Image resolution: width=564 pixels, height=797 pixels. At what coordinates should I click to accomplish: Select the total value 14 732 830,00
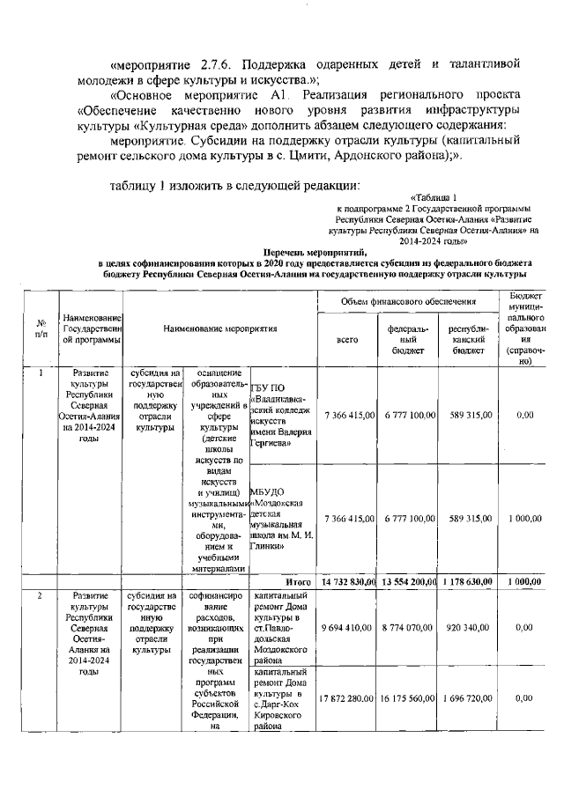pos(350,582)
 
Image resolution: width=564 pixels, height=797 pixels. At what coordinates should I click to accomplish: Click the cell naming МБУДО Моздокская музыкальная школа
pos(282,519)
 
